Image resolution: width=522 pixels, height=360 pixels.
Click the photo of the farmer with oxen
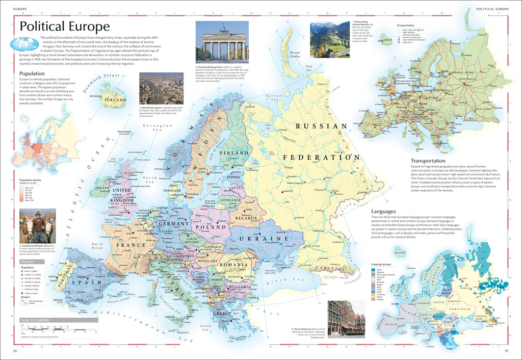tap(37, 226)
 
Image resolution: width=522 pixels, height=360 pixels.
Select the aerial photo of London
tap(154, 88)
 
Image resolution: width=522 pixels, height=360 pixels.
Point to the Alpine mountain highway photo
tap(329, 39)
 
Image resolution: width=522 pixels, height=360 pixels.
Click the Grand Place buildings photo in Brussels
tap(347, 319)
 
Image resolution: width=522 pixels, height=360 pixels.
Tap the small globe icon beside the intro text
tap(19, 44)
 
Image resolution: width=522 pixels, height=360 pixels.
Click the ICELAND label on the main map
tap(115, 100)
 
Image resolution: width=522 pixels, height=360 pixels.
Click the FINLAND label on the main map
tap(234, 153)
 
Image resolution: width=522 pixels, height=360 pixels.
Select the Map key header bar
tap(31, 262)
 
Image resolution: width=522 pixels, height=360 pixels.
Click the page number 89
tap(507, 351)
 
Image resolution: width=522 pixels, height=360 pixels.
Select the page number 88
tap(15, 351)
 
